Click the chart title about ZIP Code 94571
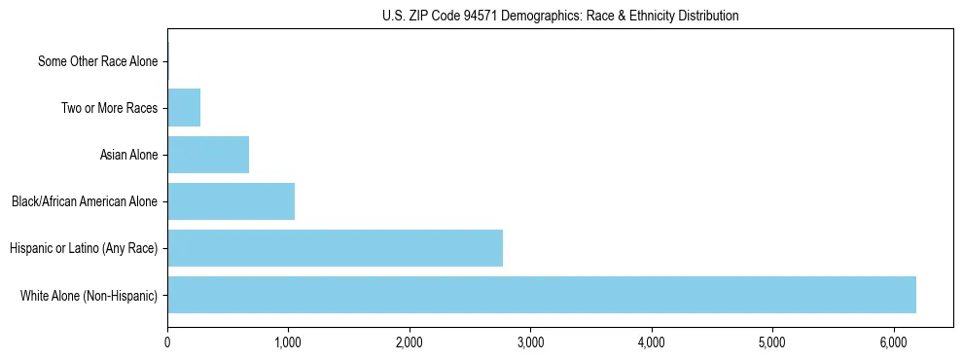point(559,16)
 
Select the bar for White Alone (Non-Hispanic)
point(541,295)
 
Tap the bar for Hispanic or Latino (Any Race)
point(335,248)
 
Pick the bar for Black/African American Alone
point(231,201)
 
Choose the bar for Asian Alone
point(208,155)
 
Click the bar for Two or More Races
point(184,108)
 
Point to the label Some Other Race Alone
point(97,61)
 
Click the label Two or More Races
point(109,108)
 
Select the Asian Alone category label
point(128,155)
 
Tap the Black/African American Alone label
point(85,201)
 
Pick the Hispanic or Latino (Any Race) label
point(84,248)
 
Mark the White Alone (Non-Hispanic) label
point(89,295)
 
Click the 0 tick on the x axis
point(167,342)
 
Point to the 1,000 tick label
point(288,342)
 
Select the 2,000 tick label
point(410,342)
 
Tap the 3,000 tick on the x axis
point(530,342)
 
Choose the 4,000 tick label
point(651,342)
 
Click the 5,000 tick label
point(772,342)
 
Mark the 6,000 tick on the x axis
point(893,342)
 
